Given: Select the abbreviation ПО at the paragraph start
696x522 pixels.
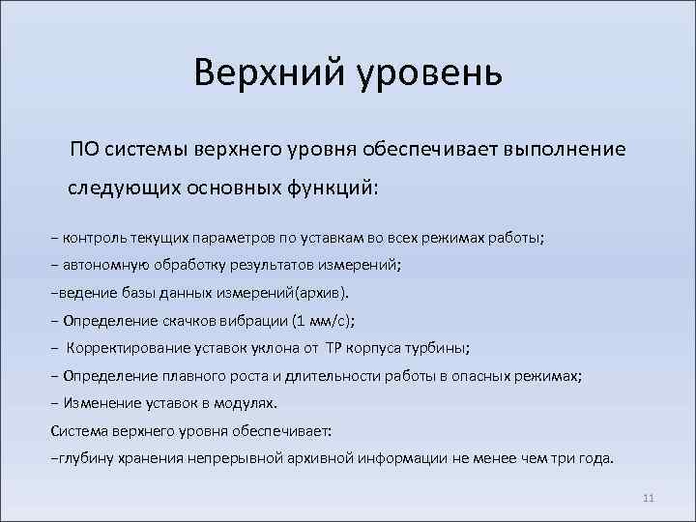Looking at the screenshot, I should coord(83,150).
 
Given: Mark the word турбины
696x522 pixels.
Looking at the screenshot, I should coord(440,347).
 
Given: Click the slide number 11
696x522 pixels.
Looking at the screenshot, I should coord(649,498).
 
